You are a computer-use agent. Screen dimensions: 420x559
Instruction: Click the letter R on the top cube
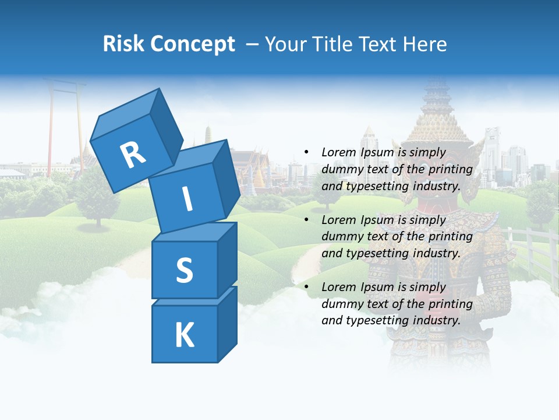[133, 155]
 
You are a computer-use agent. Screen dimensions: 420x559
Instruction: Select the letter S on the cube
[184, 271]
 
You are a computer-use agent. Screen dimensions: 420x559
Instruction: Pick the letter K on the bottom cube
[184, 335]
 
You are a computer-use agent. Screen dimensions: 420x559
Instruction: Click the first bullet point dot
[306, 152]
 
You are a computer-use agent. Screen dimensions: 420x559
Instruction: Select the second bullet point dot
[306, 220]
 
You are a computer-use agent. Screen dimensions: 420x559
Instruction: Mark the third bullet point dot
[306, 287]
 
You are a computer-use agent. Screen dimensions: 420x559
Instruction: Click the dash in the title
[253, 44]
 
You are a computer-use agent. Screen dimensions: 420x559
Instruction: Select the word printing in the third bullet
[448, 304]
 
